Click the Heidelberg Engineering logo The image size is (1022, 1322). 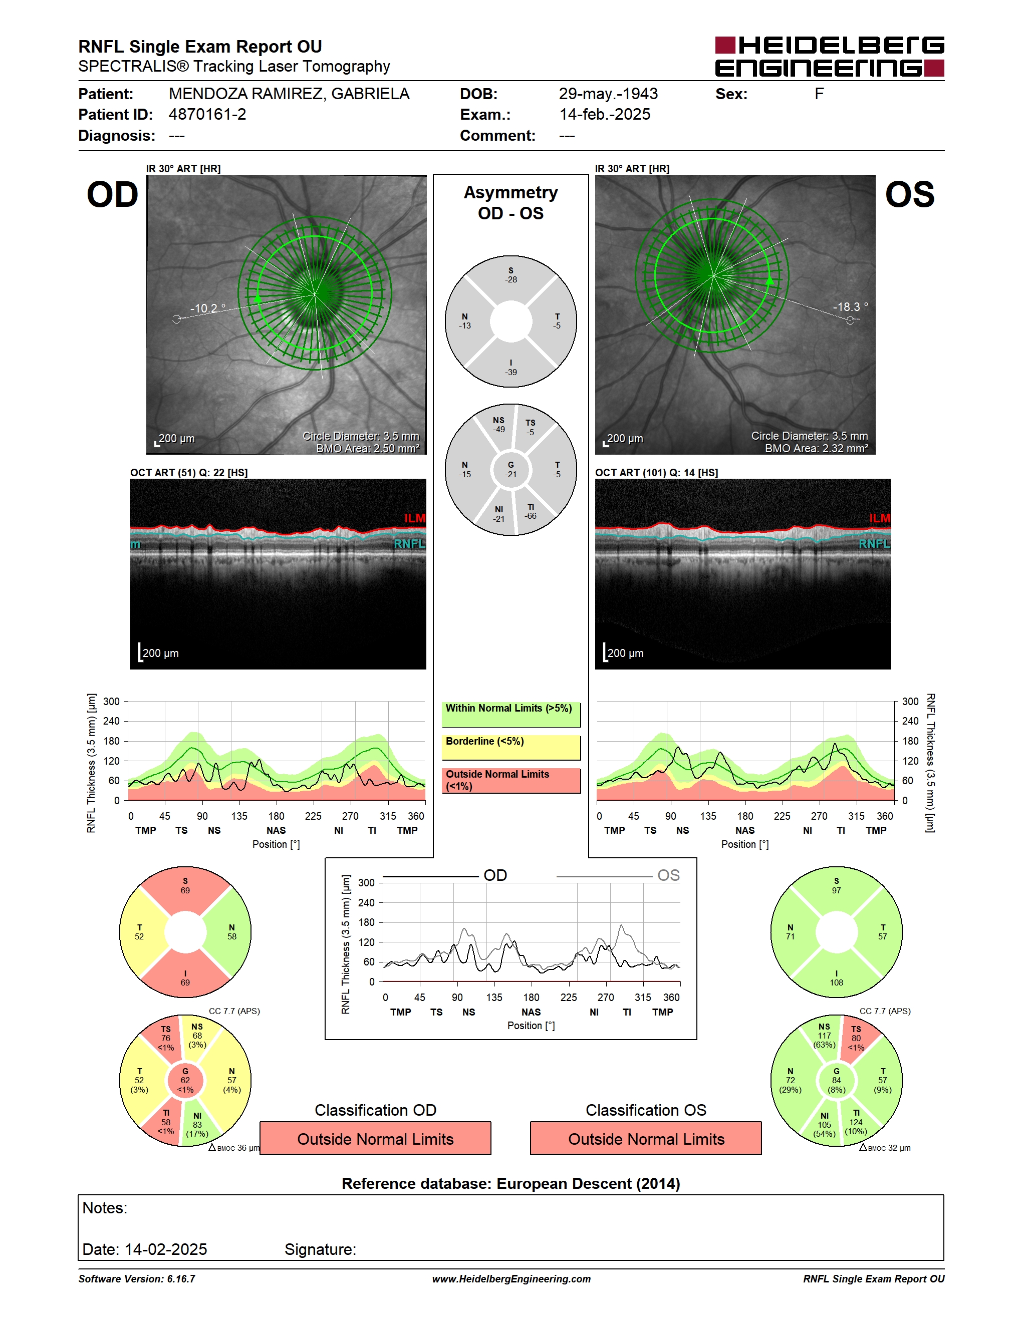tap(830, 56)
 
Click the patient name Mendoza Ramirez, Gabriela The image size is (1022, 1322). tap(289, 94)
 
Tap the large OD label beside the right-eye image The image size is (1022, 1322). tap(113, 194)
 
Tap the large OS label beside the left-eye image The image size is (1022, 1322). tap(909, 194)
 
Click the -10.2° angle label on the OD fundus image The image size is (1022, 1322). tap(208, 308)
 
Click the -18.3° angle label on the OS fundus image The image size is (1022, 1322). tap(850, 307)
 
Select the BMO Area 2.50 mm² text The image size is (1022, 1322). tap(368, 449)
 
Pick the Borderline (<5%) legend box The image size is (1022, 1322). tap(511, 748)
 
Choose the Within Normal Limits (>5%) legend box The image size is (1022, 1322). tap(511, 714)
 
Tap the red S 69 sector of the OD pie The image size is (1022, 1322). tap(185, 887)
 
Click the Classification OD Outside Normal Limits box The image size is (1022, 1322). tap(375, 1139)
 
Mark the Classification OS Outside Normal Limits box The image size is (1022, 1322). tap(646, 1139)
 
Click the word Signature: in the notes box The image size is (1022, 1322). tap(320, 1249)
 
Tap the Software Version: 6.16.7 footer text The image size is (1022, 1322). tap(137, 1279)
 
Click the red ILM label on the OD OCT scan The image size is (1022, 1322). tap(415, 518)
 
